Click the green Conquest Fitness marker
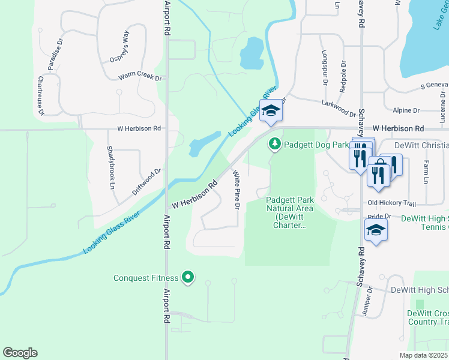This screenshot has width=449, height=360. point(188,277)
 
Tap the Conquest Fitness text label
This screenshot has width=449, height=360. point(146,278)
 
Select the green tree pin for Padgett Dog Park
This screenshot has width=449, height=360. point(275,144)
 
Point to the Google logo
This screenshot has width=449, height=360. point(20,353)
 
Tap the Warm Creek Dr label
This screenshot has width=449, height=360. point(140,77)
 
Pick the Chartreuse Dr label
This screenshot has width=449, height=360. point(40,96)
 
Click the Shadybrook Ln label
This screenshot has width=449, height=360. point(110,168)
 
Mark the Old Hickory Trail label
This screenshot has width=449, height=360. point(391,203)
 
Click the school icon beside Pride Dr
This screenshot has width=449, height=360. point(376,230)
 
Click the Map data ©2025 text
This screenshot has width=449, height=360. point(423,355)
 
